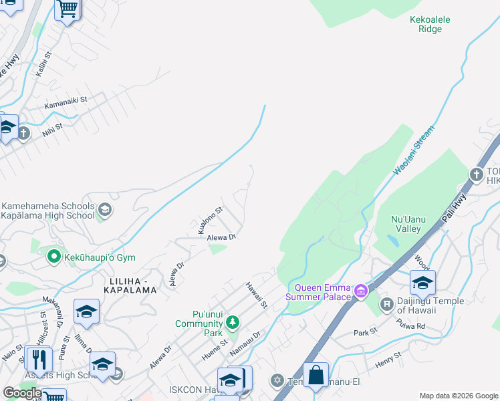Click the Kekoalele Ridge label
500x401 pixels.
[430, 25]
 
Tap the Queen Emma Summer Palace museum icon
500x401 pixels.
[361, 291]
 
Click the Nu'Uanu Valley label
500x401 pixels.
[405, 224]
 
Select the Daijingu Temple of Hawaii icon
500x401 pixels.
[386, 305]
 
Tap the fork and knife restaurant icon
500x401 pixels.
[39, 360]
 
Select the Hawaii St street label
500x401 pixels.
[255, 295]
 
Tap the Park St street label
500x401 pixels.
[366, 332]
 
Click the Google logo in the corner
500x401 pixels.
[23, 393]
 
